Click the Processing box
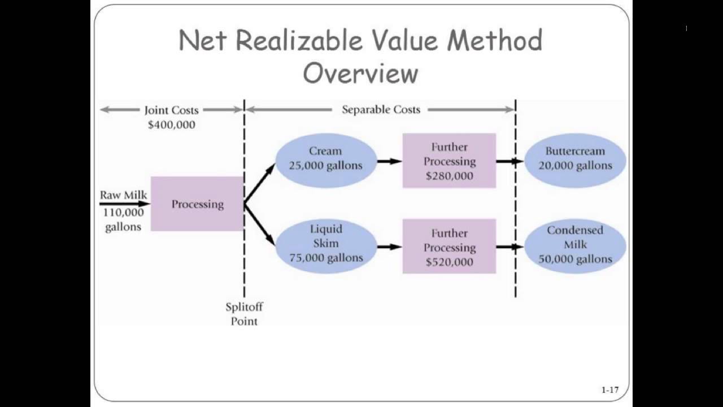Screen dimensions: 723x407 197,204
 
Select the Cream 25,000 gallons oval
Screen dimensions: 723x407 325,159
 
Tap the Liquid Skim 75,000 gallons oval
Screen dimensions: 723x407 325,244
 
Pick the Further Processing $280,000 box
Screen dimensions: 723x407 449,161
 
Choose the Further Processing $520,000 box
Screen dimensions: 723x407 449,247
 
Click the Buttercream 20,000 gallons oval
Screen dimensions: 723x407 575,159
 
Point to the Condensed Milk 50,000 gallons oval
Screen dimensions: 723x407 575,245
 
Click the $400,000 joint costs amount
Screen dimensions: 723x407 171,125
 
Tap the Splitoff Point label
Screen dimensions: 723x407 244,314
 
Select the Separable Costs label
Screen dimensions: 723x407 381,110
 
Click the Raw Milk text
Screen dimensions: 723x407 124,196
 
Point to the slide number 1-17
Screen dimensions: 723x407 610,389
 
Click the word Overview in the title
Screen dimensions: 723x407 360,73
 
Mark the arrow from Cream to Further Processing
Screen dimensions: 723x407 389,162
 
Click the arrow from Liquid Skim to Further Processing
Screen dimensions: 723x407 389,246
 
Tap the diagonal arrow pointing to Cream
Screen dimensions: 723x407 260,183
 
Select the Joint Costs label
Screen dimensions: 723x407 171,110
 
